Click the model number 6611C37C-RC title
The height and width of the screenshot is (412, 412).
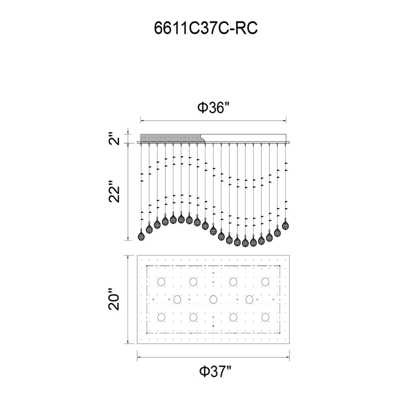(206, 28)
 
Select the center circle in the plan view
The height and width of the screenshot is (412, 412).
(213, 299)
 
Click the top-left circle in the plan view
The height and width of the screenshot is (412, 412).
(161, 282)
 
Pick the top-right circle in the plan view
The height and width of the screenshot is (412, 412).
(265, 282)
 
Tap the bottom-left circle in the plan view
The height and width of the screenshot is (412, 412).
(161, 317)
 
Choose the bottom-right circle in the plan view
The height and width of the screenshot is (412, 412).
(265, 317)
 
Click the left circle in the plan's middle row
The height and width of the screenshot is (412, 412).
(177, 299)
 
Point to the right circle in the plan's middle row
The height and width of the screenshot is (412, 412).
(249, 299)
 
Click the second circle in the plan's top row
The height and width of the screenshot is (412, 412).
(193, 282)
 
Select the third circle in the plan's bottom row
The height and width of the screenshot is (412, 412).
(233, 317)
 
